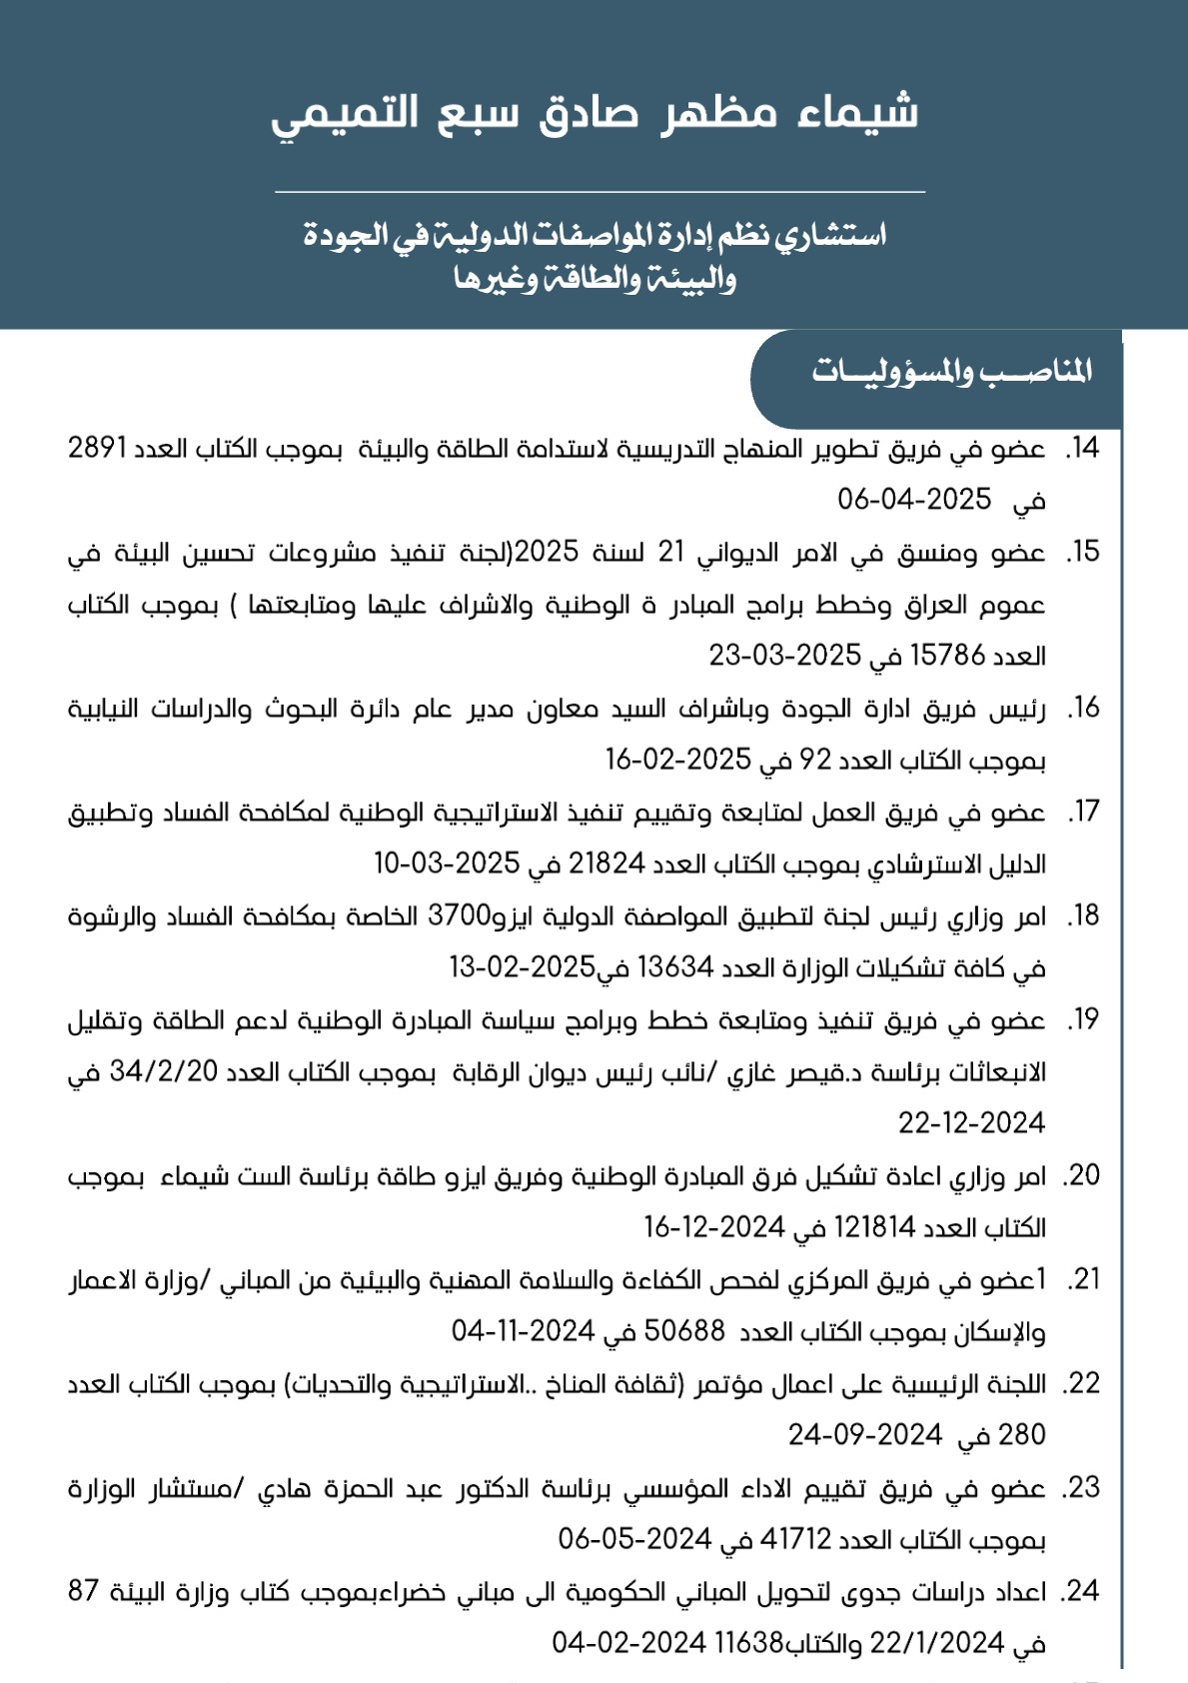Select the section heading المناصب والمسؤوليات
click(x=951, y=373)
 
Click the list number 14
click(x=1083, y=449)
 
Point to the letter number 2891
click(x=97, y=449)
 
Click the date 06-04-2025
click(x=914, y=499)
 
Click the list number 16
click(x=1083, y=709)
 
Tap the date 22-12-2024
click(x=971, y=1123)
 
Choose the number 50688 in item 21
click(x=684, y=1331)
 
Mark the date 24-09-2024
click(x=864, y=1435)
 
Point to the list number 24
click(x=1083, y=1591)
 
